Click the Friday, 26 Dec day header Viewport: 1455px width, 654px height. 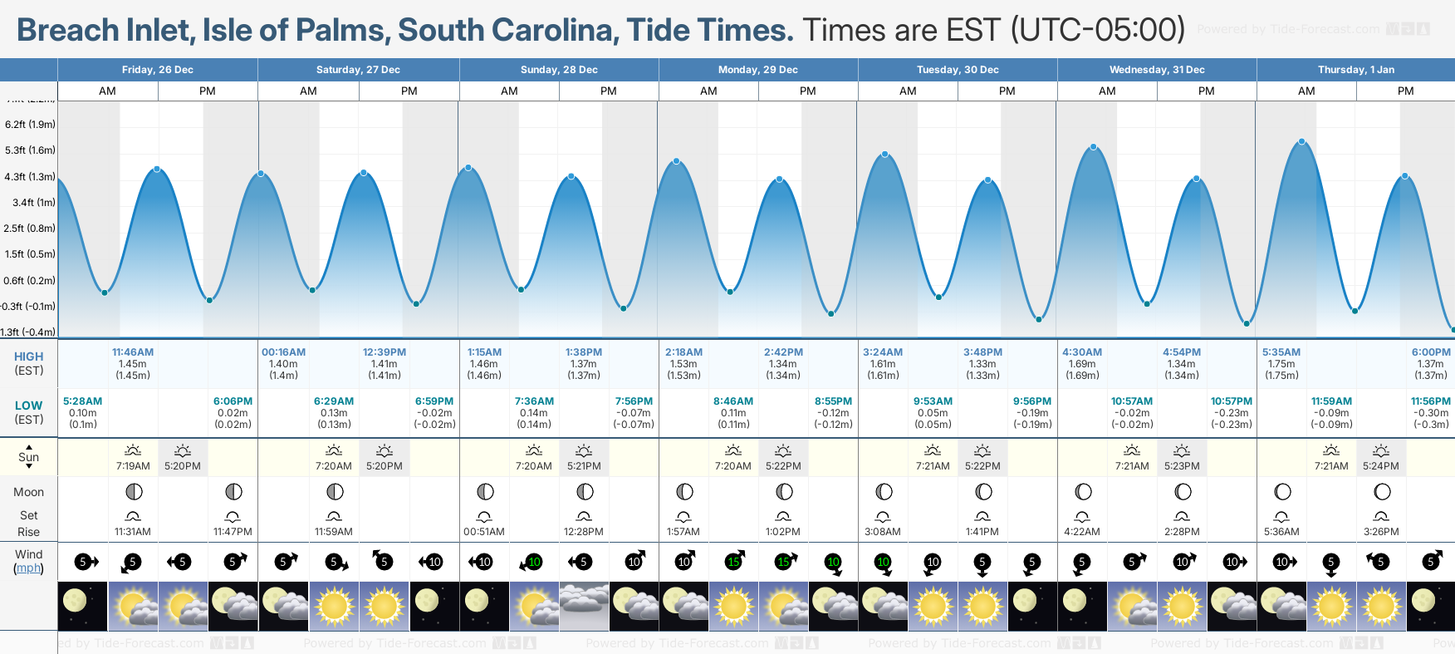pos(157,70)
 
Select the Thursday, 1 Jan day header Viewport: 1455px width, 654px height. pos(1355,70)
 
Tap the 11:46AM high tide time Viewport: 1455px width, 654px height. pos(133,352)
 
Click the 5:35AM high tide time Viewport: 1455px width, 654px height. pos(1281,352)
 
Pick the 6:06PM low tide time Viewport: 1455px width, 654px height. pos(233,401)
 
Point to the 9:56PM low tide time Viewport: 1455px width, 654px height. pos(1032,401)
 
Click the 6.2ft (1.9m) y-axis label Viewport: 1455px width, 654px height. pos(30,125)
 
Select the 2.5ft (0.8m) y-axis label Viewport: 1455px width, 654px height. pos(30,229)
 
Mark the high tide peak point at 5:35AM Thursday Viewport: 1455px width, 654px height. pos(1302,142)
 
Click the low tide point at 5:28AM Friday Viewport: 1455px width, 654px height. pos(105,293)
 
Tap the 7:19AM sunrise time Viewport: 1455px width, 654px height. pos(133,466)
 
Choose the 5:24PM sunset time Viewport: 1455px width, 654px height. pos(1380,466)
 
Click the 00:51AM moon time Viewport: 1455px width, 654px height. pos(484,532)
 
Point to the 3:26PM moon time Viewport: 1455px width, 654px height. pos(1381,532)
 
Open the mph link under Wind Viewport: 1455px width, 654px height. pos(28,568)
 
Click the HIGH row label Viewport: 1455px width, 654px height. pos(28,357)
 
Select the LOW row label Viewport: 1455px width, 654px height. pos(28,406)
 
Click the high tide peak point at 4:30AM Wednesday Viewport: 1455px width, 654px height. pos(1094,147)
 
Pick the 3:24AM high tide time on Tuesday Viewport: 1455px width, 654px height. pos(883,352)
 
